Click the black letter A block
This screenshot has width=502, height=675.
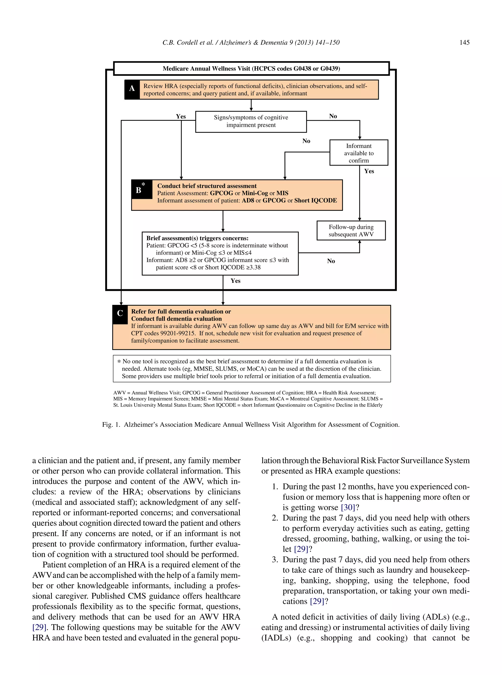pyautogui.click(x=132, y=89)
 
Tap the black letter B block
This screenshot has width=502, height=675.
pyautogui.click(x=142, y=189)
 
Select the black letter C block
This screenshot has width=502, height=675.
pyautogui.click(x=120, y=314)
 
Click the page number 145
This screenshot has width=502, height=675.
pyautogui.click(x=464, y=43)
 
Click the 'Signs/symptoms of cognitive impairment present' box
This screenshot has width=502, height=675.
pyautogui.click(x=251, y=121)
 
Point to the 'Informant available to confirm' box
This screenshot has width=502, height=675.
pyautogui.click(x=359, y=153)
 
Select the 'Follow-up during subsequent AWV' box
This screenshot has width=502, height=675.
pyautogui.click(x=351, y=231)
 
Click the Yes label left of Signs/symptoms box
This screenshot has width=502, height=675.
pyautogui.click(x=181, y=117)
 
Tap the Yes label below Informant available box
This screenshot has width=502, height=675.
pyautogui.click(x=369, y=171)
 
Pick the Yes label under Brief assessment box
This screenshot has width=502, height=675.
pyautogui.click(x=236, y=281)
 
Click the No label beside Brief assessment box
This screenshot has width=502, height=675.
pyautogui.click(x=331, y=261)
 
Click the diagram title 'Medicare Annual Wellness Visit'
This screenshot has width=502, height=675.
pyautogui.click(x=251, y=68)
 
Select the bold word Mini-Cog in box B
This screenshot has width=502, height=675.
pyautogui.click(x=255, y=193)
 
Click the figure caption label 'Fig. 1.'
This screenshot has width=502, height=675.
pyautogui.click(x=111, y=425)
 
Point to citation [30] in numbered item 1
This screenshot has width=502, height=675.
pyautogui.click(x=348, y=507)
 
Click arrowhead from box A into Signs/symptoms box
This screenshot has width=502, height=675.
pyautogui.click(x=251, y=109)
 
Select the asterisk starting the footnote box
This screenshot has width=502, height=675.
pyautogui.click(x=119, y=362)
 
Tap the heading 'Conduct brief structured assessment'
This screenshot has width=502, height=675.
pyautogui.click(x=207, y=186)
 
